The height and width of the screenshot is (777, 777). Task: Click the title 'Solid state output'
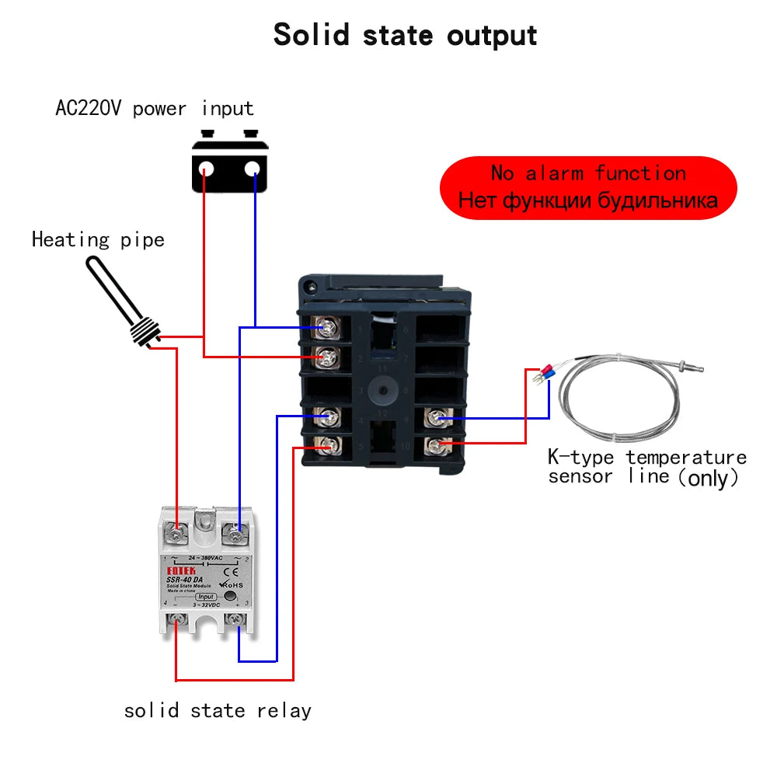coord(405,35)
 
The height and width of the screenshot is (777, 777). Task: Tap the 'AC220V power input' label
coord(155,108)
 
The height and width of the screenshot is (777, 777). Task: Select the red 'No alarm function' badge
coord(587,187)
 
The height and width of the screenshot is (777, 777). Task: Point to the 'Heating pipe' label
coord(98,239)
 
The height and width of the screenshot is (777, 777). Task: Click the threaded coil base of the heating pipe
coord(146,331)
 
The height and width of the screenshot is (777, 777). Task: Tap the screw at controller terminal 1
coord(327,327)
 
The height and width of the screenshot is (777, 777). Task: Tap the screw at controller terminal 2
coord(327,357)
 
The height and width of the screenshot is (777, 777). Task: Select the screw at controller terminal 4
coord(327,417)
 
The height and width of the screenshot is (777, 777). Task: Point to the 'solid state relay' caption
coord(218,710)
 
